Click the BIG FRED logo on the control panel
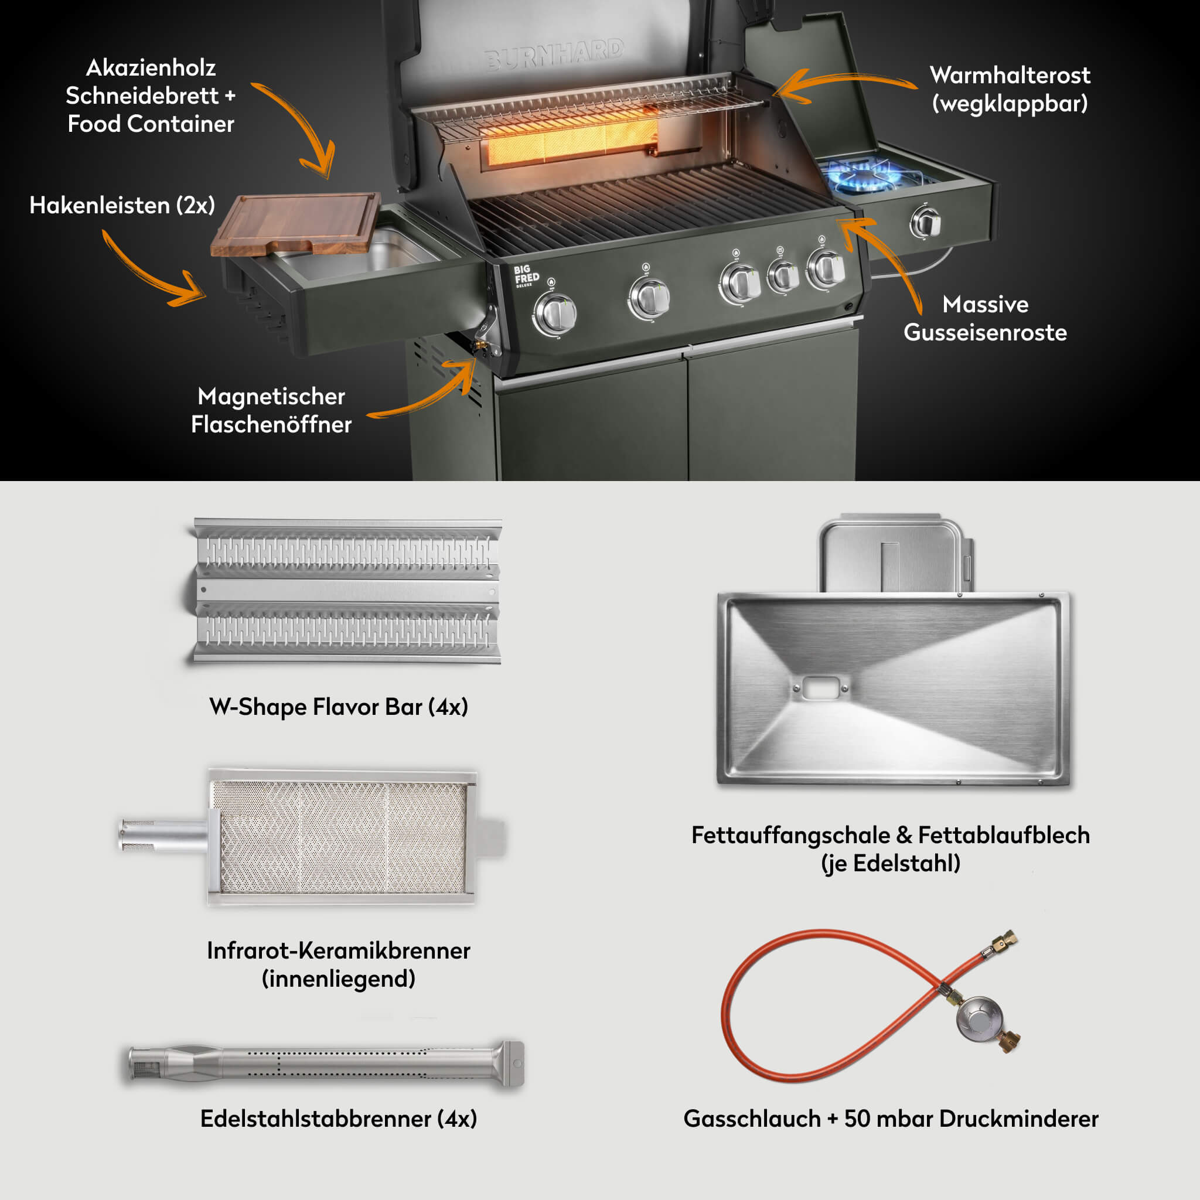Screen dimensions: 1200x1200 coord(526,275)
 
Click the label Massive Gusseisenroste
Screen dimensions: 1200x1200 coord(984,319)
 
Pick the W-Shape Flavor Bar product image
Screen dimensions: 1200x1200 coord(347,590)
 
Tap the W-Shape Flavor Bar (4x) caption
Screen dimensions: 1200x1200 coord(339,707)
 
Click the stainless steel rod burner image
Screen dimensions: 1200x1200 coord(326,1063)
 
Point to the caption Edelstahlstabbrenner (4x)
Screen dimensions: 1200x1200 coord(339,1119)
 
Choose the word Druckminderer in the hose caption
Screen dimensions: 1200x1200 coord(1018,1119)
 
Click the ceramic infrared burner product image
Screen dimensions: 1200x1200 coord(342,837)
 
